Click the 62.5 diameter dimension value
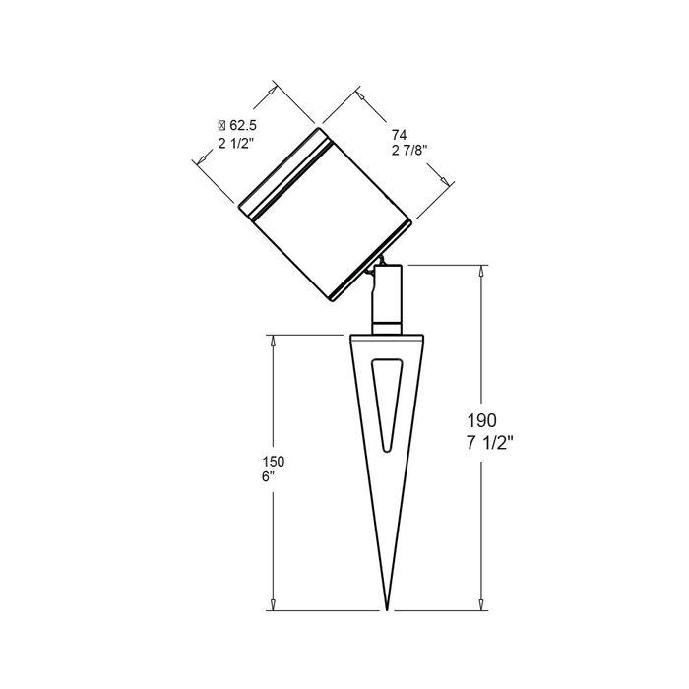click(x=243, y=126)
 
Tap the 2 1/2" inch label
click(x=235, y=144)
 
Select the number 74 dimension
click(x=399, y=135)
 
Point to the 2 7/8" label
click(x=409, y=151)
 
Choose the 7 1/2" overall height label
click(x=490, y=443)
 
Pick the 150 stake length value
click(x=274, y=462)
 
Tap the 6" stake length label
click(x=268, y=477)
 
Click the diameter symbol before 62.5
click(x=221, y=126)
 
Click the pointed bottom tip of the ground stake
click(x=387, y=610)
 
